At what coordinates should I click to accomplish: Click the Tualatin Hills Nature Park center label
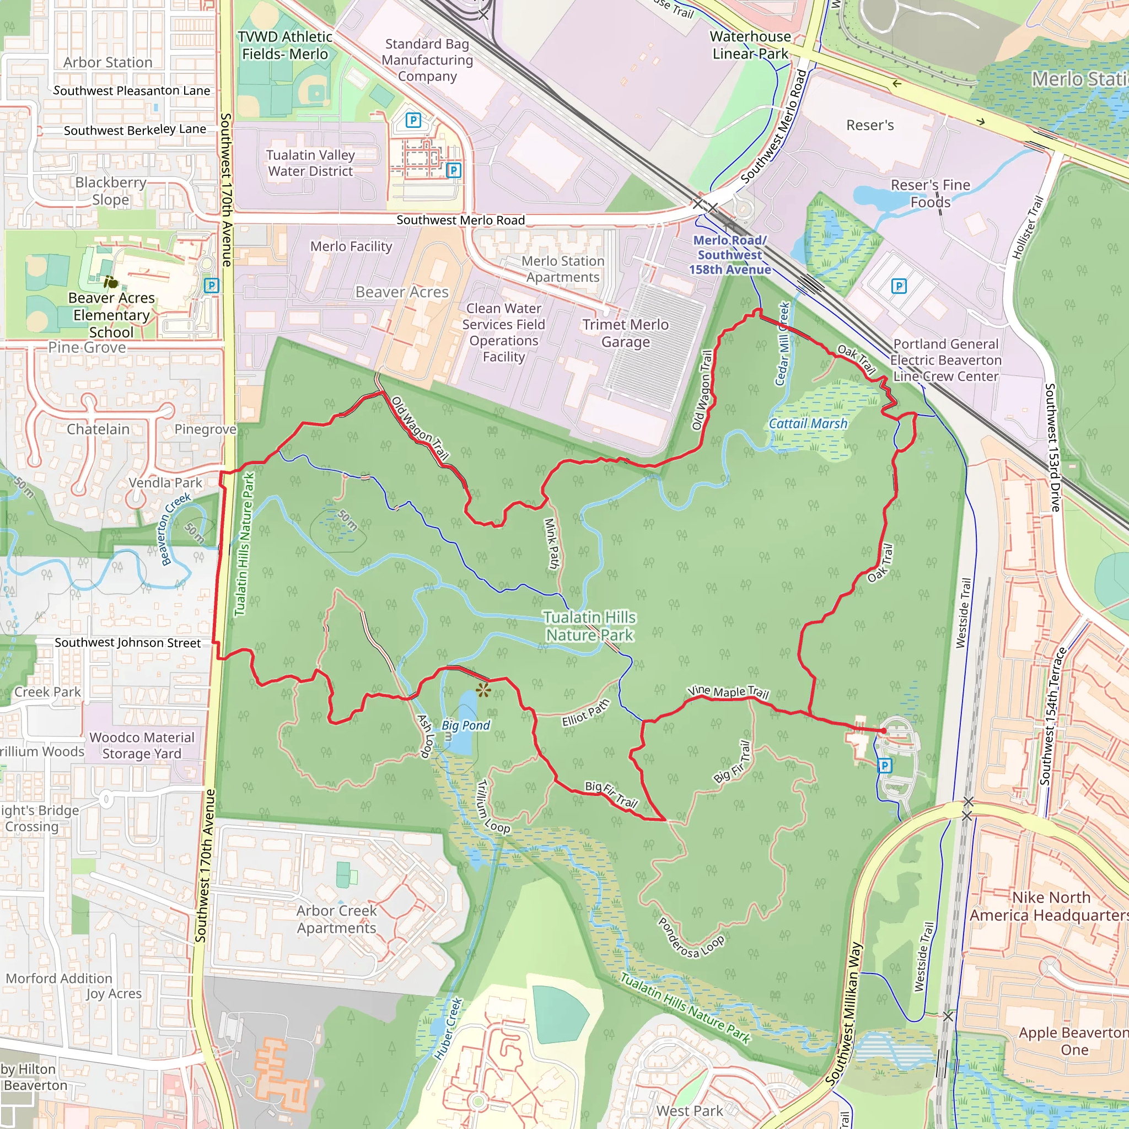[x=589, y=626]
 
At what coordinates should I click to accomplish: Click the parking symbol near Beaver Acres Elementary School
[x=211, y=285]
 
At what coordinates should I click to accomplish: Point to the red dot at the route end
[x=884, y=730]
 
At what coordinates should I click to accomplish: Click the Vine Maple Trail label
[x=728, y=692]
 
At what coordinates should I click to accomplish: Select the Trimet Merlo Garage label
[x=625, y=333]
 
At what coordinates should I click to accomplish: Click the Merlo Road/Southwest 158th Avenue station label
[x=729, y=255]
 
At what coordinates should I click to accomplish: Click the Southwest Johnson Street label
[x=127, y=642]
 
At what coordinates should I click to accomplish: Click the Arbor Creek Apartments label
[x=337, y=919]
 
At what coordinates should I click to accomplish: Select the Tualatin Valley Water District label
[x=310, y=163]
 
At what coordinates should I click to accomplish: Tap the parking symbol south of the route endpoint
[x=885, y=766]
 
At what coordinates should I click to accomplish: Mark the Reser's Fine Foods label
[x=930, y=193]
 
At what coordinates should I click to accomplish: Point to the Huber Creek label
[x=448, y=1029]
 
